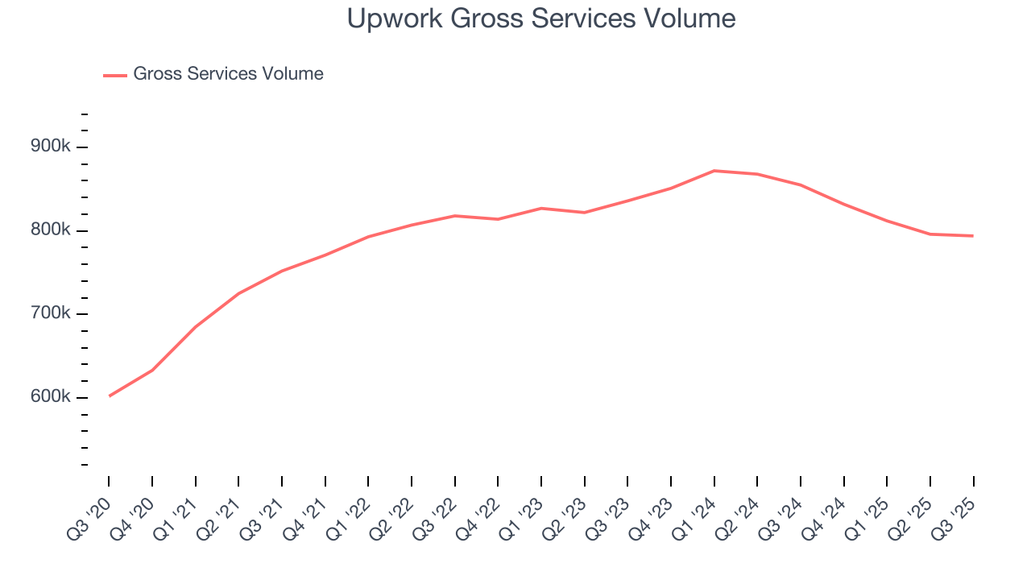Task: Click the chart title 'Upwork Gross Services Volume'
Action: point(541,19)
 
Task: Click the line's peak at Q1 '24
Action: point(714,171)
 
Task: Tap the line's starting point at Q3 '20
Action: point(109,396)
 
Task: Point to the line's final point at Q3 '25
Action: point(973,236)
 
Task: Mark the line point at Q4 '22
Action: point(498,219)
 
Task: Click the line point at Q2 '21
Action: point(238,293)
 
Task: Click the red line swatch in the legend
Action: point(115,75)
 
